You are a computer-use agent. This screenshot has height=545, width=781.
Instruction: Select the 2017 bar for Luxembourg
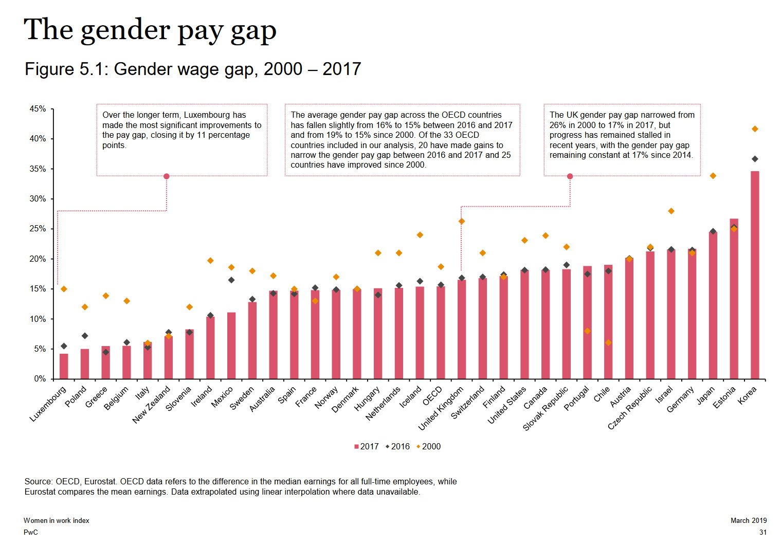coord(64,366)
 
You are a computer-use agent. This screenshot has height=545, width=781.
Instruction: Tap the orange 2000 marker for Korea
coord(755,129)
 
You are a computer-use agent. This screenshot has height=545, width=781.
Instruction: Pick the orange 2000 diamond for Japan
coord(713,176)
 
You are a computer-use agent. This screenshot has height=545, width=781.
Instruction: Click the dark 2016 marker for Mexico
coord(231,280)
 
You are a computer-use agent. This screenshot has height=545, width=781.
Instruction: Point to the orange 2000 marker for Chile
coord(608,343)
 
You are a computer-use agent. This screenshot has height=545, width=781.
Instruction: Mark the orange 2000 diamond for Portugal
coord(588,331)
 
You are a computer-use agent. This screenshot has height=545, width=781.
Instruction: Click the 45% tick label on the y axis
coord(38,109)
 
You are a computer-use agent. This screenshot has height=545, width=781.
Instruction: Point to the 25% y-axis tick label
coord(38,229)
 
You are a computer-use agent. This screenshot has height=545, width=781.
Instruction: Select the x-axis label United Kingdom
coord(440,408)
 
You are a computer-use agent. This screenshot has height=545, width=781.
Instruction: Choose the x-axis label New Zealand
coord(151,405)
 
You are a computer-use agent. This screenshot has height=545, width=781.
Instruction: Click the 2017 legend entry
coord(367,446)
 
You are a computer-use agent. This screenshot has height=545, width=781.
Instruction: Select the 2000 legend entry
coord(428,446)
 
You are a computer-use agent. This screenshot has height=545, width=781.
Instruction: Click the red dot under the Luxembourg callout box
coord(167,176)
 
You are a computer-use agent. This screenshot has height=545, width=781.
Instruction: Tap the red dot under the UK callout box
coord(570,176)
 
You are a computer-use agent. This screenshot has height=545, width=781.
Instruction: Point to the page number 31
coord(763,533)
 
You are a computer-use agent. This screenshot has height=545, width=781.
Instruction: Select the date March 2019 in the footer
coord(749,520)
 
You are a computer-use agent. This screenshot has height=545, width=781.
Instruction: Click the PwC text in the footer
coord(31,533)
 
